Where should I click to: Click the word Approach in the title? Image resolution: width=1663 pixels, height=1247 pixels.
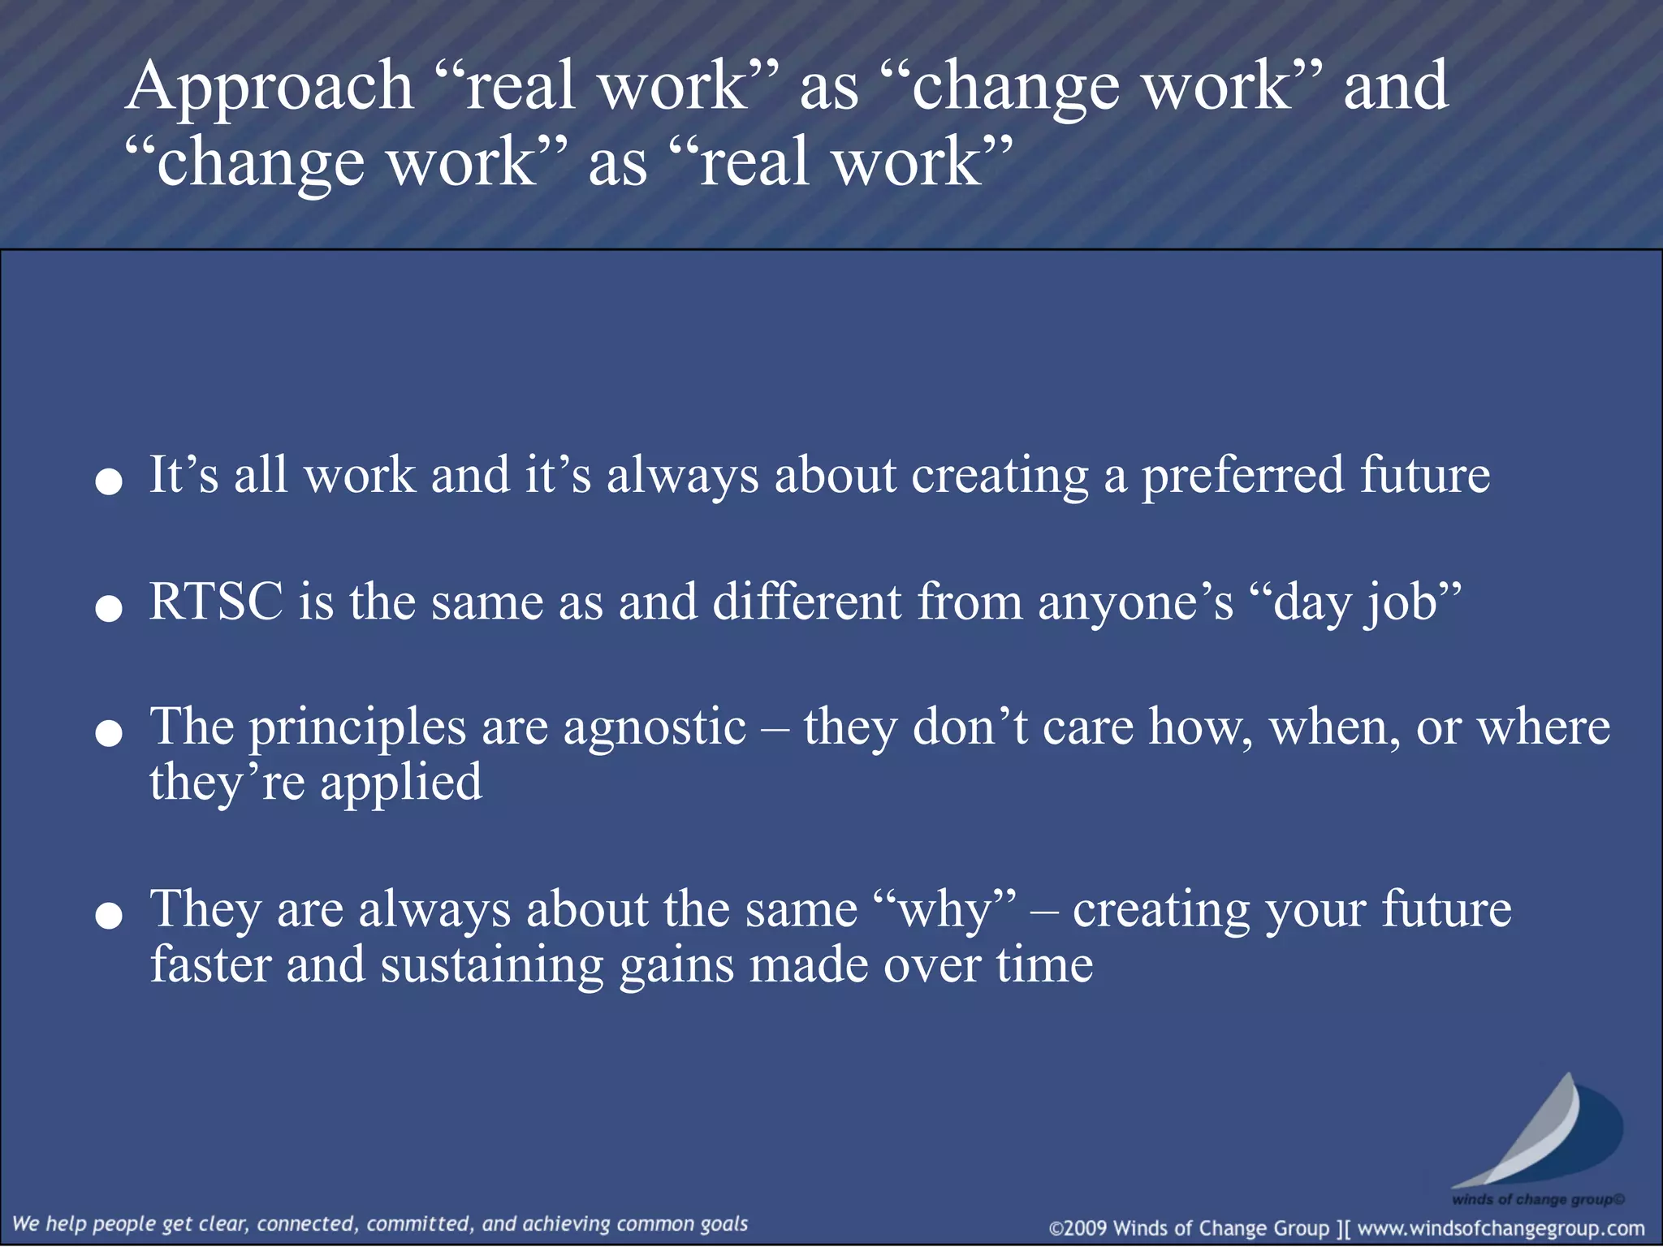[270, 88]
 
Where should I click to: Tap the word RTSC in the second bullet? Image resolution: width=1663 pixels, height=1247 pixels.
[216, 602]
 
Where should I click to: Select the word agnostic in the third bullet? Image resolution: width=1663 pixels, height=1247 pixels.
[654, 727]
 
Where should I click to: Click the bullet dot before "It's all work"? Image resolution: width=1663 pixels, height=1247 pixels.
[109, 482]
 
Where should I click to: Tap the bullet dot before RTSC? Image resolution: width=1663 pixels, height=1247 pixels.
[109, 609]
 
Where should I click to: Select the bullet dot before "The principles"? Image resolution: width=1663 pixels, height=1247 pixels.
[109, 735]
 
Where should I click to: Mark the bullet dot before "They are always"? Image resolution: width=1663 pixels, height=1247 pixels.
[109, 917]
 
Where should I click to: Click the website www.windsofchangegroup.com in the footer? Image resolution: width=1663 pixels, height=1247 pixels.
[1501, 1228]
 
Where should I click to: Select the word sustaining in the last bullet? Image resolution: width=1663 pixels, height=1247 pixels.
[492, 965]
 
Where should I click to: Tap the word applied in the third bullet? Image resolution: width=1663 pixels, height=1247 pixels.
[401, 783]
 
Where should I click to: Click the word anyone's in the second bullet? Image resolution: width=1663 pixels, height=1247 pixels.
[1135, 602]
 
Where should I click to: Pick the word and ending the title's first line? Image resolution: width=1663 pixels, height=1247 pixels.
[1395, 88]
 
